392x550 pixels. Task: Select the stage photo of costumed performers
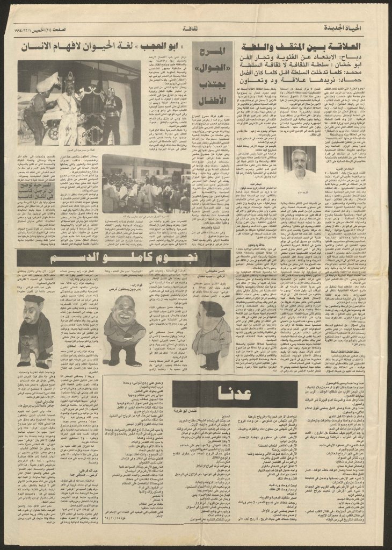[79, 102]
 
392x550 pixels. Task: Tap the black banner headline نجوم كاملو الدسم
[102, 257]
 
